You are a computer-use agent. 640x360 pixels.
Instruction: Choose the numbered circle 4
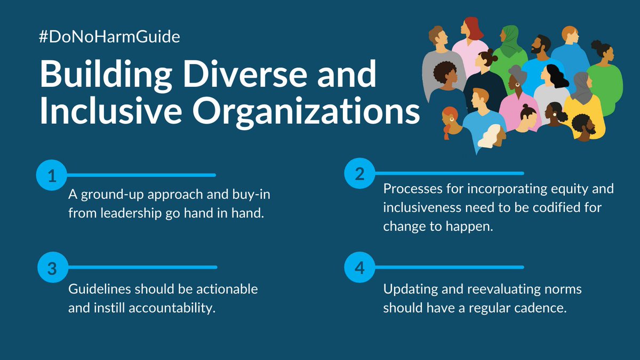pyautogui.click(x=359, y=267)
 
